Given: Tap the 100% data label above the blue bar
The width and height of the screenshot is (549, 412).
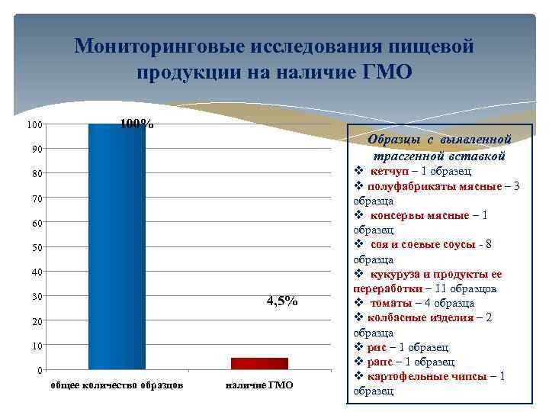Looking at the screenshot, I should click(137, 124).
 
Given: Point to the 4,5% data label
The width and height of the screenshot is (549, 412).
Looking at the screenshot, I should click(281, 301).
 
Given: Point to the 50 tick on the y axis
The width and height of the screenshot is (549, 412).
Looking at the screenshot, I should click(37, 247).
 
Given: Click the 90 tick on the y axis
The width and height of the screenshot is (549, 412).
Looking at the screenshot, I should click(37, 149).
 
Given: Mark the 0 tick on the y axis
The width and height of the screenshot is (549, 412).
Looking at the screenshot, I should click(40, 371).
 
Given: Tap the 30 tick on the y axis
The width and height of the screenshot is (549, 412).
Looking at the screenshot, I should click(37, 297).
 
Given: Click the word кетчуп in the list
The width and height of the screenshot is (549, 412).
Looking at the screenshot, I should click(390, 171).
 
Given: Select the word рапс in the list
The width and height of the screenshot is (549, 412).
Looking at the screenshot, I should click(382, 362).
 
